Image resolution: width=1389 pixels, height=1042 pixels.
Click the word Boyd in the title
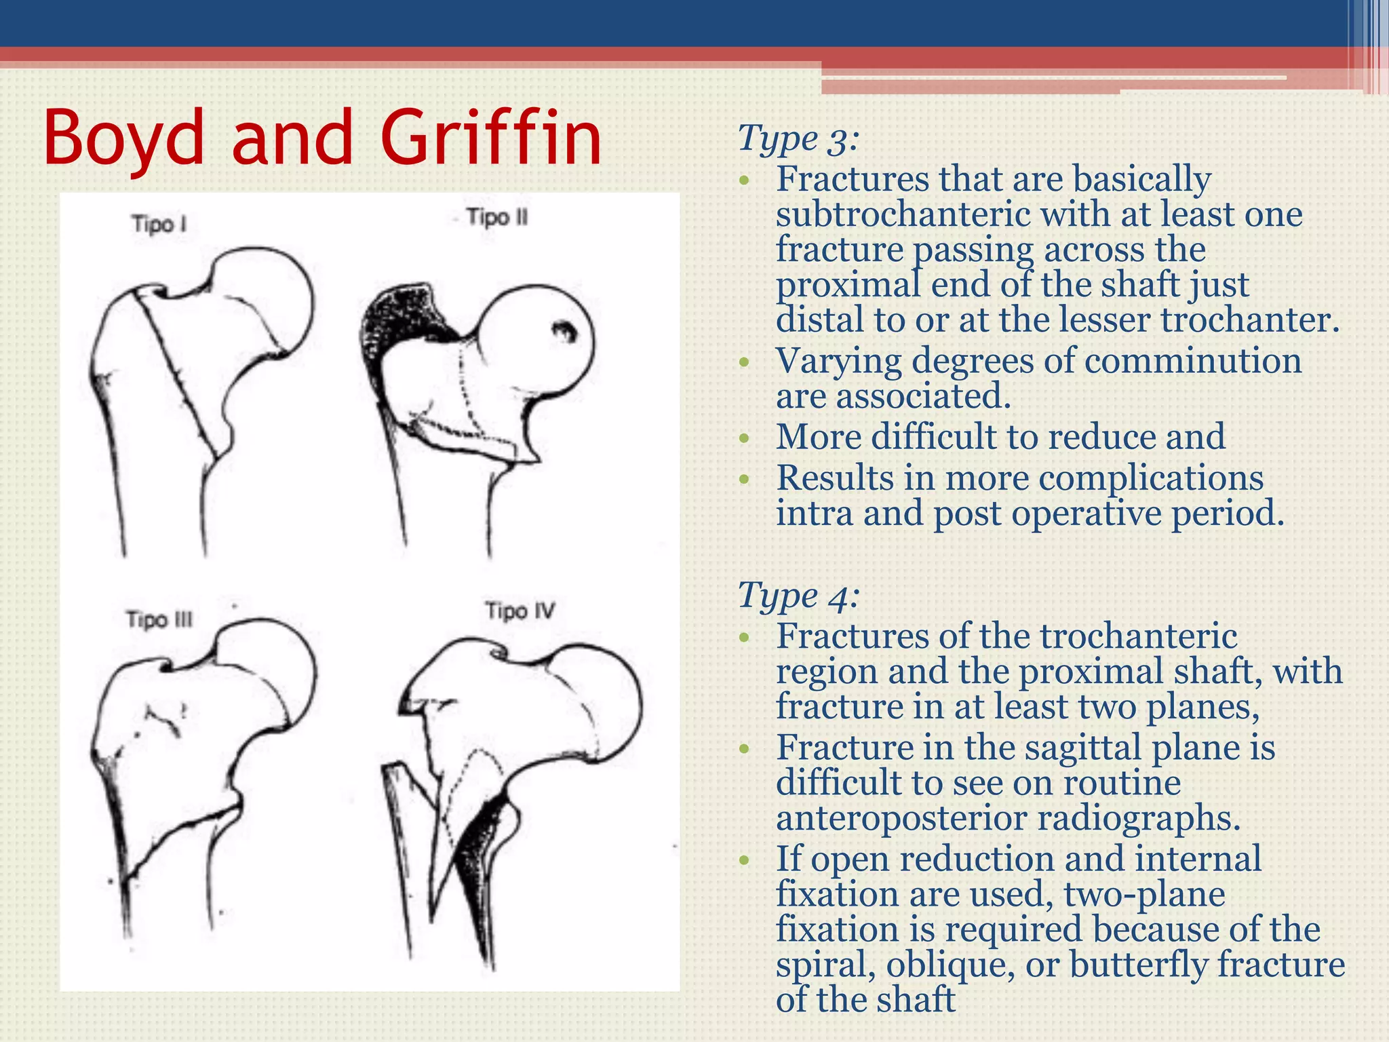tap(123, 139)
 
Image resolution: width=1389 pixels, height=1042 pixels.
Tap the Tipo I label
tap(159, 224)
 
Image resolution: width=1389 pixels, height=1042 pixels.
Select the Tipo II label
tap(497, 218)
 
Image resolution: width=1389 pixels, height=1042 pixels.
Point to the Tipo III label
tap(159, 619)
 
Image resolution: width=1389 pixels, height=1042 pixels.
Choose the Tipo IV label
tap(520, 611)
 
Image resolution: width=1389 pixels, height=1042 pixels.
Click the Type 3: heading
tap(798, 139)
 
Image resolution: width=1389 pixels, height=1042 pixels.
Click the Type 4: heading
tap(798, 596)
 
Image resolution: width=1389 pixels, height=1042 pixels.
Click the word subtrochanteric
tap(903, 215)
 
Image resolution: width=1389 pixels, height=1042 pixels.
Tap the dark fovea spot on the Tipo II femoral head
tap(563, 332)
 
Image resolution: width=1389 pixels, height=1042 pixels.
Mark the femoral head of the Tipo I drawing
tap(265, 298)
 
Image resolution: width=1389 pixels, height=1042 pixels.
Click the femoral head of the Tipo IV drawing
tap(597, 699)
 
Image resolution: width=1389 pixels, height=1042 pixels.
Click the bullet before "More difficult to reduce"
tap(745, 438)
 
